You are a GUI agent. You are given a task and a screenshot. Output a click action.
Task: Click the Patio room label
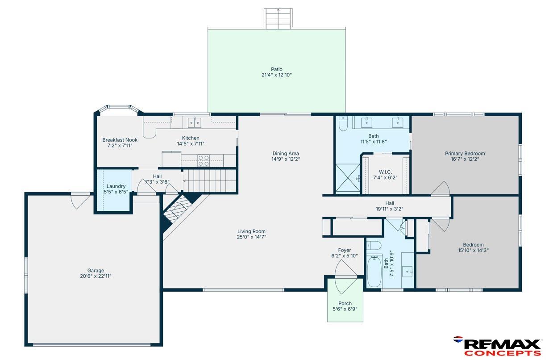click(276, 69)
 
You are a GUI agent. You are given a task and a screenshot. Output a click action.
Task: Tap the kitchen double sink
click(195, 122)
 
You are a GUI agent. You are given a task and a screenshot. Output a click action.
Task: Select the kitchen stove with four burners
click(204, 160)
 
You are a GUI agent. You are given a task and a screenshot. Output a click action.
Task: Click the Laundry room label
click(116, 186)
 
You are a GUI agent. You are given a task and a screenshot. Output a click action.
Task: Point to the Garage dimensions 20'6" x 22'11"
click(96, 276)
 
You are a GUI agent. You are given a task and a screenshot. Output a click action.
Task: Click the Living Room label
click(251, 231)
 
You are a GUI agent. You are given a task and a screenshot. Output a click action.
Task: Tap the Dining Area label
click(286, 154)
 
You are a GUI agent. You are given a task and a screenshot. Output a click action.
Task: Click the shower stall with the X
click(348, 178)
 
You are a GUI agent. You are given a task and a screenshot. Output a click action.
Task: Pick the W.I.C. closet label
click(385, 172)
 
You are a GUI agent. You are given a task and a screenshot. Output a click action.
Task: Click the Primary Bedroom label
click(465, 154)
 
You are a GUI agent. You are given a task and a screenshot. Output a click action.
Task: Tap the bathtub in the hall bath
click(374, 271)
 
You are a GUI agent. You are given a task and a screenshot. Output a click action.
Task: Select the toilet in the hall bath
click(374, 245)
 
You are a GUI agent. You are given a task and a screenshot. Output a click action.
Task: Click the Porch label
click(345, 303)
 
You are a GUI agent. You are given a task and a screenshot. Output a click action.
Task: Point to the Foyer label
click(345, 250)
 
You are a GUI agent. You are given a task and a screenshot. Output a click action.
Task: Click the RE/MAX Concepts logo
click(497, 346)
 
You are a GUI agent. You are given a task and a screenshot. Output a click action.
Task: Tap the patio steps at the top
click(278, 18)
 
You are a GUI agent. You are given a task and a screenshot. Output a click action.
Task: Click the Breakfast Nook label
click(120, 140)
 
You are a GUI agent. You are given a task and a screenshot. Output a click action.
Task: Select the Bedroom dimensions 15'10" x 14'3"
click(473, 251)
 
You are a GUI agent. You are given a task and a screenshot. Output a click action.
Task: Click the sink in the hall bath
click(408, 272)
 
